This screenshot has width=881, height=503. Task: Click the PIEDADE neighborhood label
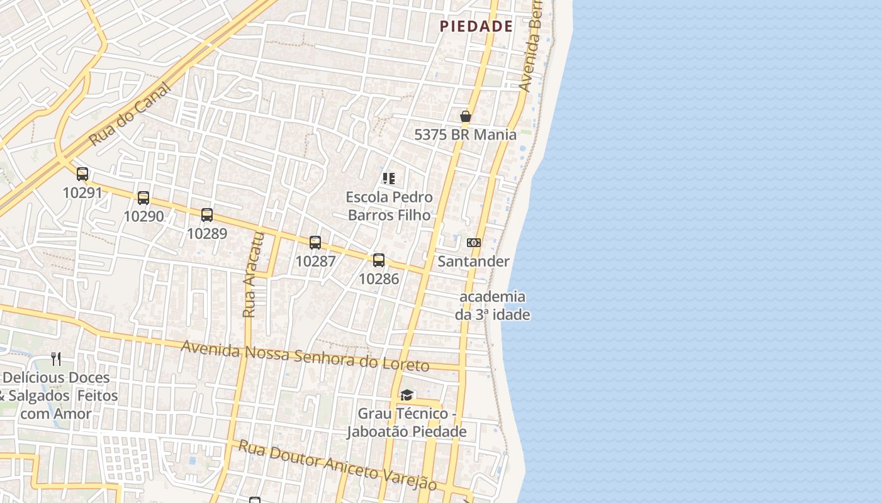[476, 26]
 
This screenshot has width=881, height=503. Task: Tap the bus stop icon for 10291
[82, 174]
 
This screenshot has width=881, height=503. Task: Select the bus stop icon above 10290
[143, 198]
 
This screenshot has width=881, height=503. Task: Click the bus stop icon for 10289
[207, 215]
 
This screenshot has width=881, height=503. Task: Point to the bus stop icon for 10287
[315, 243]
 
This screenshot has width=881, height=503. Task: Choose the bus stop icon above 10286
[379, 260]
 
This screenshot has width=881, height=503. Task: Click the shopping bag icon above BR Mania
[466, 116]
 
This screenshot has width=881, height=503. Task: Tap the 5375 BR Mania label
[465, 135]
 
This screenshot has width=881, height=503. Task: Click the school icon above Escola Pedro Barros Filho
[389, 179]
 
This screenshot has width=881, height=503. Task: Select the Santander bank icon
[474, 243]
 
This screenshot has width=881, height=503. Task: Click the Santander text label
[473, 261]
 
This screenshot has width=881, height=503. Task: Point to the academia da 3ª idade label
[493, 306]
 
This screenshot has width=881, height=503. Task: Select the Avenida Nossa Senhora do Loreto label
[305, 356]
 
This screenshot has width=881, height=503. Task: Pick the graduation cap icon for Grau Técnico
[407, 395]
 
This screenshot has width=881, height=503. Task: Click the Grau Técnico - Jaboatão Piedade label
[407, 423]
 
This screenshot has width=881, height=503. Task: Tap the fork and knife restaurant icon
[57, 359]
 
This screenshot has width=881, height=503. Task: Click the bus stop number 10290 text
[143, 216]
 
